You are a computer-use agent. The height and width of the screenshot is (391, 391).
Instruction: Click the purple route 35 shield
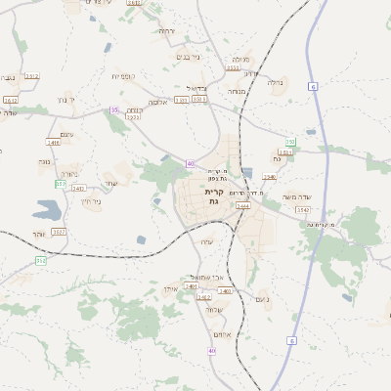tap(114, 110)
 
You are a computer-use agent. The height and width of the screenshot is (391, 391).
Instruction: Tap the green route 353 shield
tap(61, 183)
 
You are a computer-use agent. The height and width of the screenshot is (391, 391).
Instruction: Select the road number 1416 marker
tap(53, 143)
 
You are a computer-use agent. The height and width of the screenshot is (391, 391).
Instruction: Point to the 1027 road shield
tap(59, 232)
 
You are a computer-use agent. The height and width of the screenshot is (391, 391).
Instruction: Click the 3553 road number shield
tap(233, 68)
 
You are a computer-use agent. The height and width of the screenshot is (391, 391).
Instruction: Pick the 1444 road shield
tap(243, 206)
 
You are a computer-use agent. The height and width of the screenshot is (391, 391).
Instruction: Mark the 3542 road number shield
tap(303, 209)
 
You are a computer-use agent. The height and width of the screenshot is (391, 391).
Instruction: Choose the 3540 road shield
tap(270, 177)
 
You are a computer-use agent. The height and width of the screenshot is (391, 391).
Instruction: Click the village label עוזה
tap(206, 242)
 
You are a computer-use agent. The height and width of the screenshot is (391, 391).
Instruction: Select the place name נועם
tap(261, 299)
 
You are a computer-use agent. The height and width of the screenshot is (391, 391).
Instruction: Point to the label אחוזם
tap(221, 335)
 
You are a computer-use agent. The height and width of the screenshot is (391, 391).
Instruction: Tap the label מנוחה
tap(236, 91)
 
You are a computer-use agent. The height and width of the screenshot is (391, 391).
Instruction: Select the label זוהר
tap(39, 234)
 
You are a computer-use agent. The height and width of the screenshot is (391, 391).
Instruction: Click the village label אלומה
tap(157, 102)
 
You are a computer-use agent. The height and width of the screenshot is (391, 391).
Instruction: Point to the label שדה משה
tap(296, 197)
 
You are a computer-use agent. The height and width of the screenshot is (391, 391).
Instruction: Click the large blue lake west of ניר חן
tap(46, 208)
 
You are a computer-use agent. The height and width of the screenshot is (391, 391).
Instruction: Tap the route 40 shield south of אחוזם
tap(211, 350)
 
